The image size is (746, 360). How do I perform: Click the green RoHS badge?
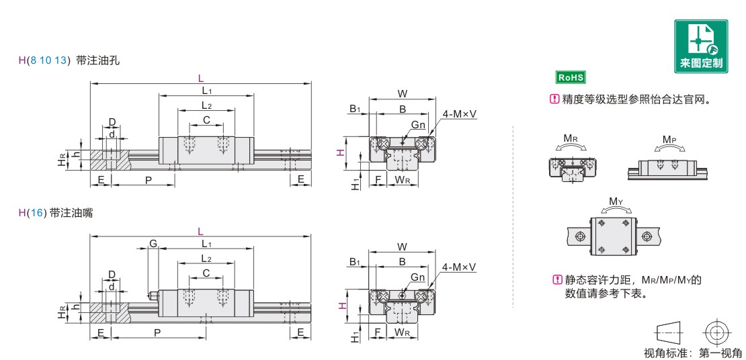tap(571, 77)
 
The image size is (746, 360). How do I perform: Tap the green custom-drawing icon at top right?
tap(701, 46)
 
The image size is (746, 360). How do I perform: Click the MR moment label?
tap(571, 139)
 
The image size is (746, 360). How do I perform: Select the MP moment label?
tap(669, 140)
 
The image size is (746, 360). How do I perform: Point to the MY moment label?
tap(616, 201)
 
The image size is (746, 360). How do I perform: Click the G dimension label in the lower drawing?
tap(153, 244)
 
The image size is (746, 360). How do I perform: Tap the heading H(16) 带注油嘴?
tap(56, 213)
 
